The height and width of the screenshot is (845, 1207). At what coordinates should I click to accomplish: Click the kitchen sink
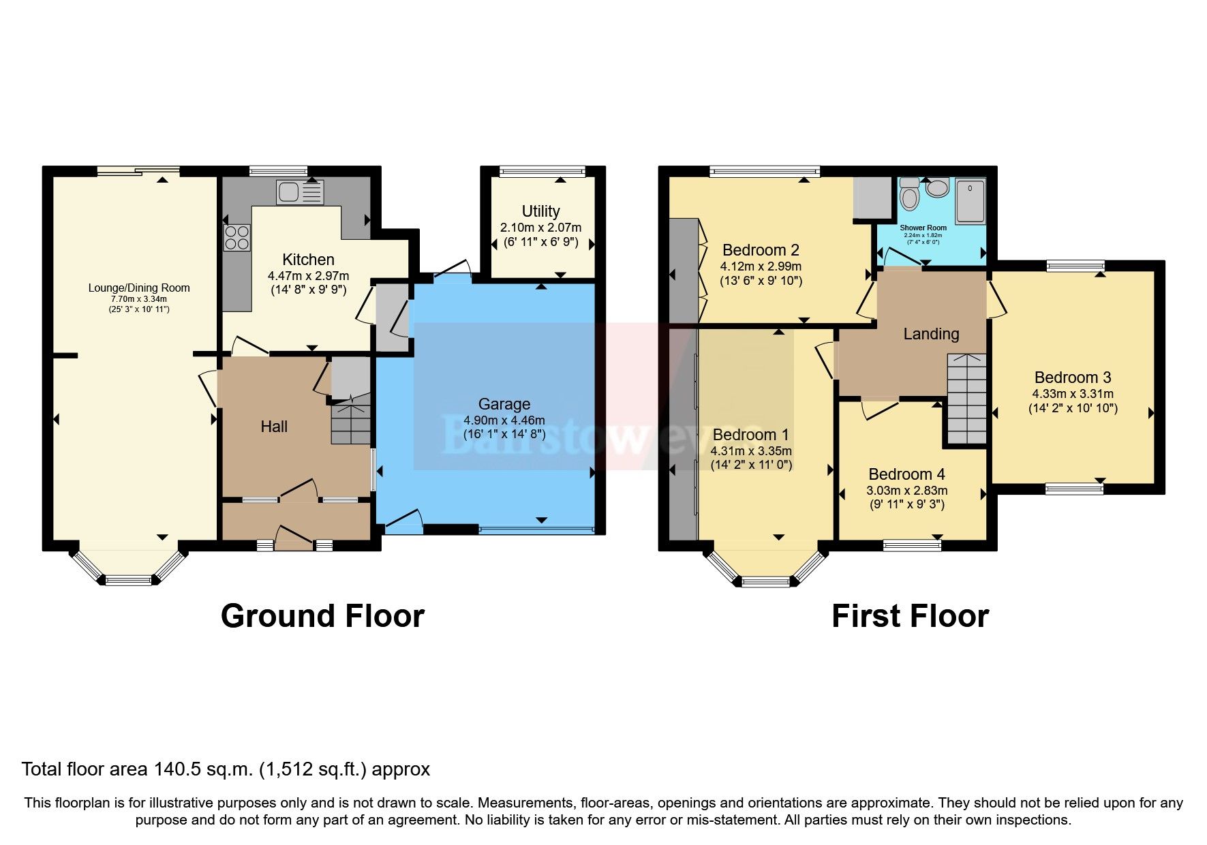(299, 192)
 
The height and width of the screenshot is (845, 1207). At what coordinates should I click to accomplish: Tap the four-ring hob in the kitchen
(236, 238)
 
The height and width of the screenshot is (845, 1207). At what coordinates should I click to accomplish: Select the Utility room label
(540, 211)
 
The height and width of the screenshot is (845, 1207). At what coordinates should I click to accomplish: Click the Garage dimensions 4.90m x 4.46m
(504, 420)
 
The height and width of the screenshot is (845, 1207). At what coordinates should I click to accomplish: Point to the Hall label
(274, 427)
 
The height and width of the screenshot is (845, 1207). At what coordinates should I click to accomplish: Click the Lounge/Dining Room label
(139, 288)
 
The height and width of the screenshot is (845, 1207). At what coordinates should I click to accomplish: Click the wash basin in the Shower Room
(938, 187)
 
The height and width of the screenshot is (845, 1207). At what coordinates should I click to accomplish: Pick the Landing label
(931, 334)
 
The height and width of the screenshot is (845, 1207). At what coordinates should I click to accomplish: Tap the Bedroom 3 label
(1072, 378)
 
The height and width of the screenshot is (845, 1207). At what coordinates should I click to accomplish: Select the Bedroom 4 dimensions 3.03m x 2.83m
(906, 491)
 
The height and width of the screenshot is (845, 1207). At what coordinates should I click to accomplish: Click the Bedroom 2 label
(761, 250)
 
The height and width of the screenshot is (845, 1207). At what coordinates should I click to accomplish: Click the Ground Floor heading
(322, 616)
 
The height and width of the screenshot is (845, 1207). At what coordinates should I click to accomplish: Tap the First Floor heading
(910, 616)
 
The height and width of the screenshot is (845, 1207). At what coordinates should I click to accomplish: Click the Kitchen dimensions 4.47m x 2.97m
(308, 276)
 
